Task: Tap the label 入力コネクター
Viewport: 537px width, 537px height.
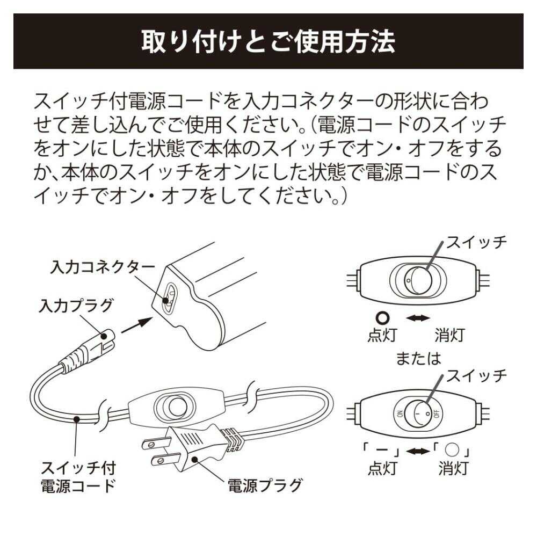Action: pos(102,267)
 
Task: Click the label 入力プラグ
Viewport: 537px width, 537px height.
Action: pos(76,306)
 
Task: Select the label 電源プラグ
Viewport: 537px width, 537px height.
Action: pos(265,486)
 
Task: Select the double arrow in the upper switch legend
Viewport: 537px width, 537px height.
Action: pos(417,318)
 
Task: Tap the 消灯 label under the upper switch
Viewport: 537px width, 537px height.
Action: pos(449,336)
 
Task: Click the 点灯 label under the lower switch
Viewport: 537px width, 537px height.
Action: pos(382,468)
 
